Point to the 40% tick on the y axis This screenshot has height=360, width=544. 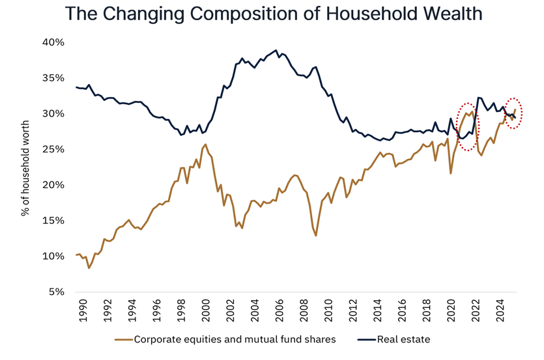click(53, 42)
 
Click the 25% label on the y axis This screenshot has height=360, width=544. click(53, 149)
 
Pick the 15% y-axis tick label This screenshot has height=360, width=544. click(53, 221)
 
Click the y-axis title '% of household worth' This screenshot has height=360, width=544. click(26, 167)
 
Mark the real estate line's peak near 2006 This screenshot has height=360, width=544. click(276, 50)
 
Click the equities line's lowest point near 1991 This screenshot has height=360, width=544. click(89, 268)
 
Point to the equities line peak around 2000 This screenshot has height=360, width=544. click(206, 145)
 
